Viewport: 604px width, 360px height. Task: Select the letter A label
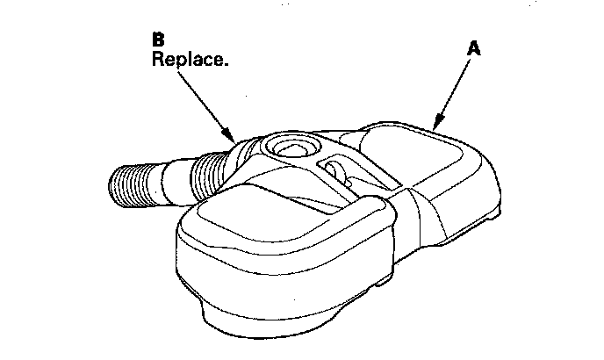tap(472, 50)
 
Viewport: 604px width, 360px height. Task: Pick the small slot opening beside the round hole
tap(333, 168)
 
